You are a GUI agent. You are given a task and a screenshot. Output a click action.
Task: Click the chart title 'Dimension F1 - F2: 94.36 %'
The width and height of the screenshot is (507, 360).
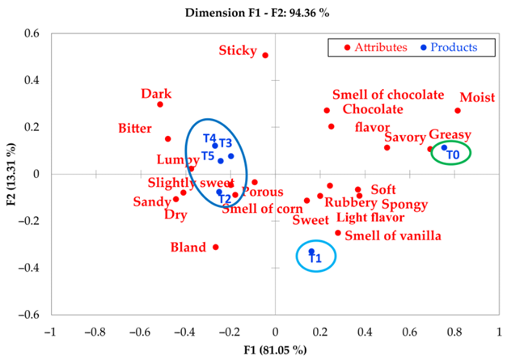pos(257,13)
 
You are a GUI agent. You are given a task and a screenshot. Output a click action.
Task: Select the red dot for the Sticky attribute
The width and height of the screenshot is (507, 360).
pos(265,55)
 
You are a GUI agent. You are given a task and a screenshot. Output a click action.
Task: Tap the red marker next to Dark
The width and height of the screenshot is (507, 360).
pos(160,104)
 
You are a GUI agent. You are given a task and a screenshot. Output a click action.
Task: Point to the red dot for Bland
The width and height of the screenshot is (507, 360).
pos(216,247)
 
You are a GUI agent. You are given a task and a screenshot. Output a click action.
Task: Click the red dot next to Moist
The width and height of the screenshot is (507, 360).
pos(458,111)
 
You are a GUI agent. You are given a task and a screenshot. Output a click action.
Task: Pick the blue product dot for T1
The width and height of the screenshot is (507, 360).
pos(311,252)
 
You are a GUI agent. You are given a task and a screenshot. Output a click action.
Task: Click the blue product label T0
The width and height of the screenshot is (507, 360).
pos(453,155)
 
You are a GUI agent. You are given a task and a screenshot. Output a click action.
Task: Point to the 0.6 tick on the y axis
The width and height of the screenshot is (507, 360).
pos(32,33)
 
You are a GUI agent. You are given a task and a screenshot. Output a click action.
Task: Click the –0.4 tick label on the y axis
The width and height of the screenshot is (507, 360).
pos(29,268)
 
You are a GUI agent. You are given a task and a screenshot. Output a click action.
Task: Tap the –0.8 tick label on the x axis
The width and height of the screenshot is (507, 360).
pos(95,332)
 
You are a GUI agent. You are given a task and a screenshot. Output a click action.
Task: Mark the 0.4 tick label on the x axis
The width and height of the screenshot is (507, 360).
pos(365,332)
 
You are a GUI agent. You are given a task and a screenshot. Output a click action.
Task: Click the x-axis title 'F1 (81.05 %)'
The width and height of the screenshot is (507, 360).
pos(275,350)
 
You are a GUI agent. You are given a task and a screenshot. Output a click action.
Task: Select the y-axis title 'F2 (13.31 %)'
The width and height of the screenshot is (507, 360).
pos(11,174)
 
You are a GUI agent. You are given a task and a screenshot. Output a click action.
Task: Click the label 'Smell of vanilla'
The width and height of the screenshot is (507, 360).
pos(393,235)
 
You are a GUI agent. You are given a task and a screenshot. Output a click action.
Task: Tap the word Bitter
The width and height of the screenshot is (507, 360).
pos(135,129)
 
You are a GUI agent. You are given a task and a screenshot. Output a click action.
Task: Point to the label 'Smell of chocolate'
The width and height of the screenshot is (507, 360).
pos(388,95)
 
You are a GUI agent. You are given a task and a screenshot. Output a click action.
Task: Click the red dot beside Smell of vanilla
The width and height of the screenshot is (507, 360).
pos(338,233)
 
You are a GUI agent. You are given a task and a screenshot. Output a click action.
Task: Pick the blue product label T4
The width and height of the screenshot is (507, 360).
pos(209,138)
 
